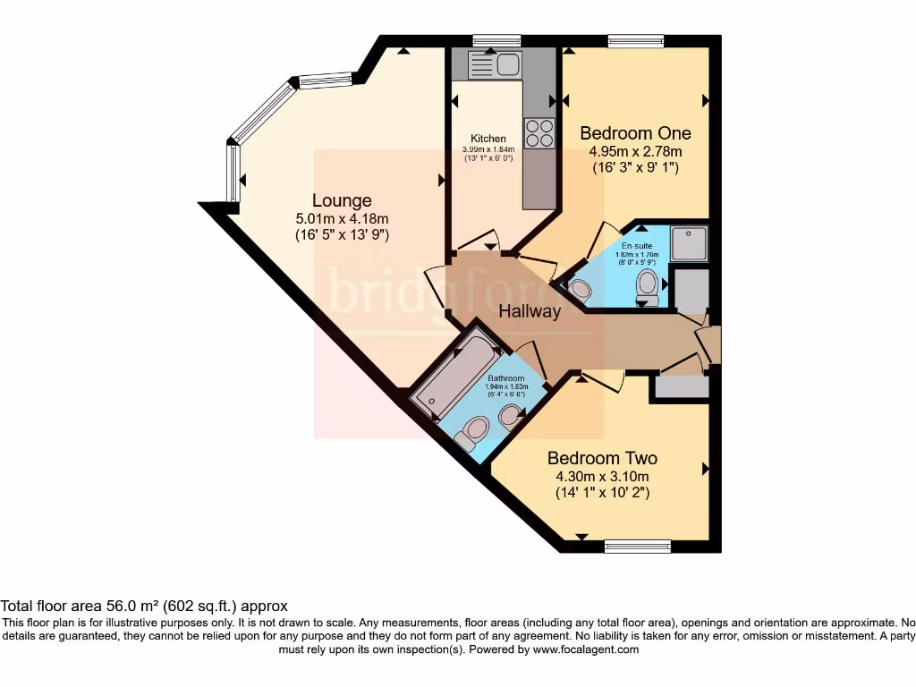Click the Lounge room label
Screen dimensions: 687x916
coord(342,200)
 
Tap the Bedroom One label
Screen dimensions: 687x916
coord(629,133)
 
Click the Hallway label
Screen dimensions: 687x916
coord(530,311)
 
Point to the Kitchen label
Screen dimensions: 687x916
coord(488,139)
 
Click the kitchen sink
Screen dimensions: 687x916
coord(495,64)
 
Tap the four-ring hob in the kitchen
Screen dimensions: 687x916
coord(539,132)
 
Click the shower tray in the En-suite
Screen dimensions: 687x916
coord(690,243)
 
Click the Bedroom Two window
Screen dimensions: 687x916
coord(637,546)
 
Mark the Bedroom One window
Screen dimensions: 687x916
coord(635,40)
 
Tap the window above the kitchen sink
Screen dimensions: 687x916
coord(496,40)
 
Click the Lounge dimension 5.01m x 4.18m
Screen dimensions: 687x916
coord(342,218)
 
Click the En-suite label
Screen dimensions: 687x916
coord(638,245)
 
